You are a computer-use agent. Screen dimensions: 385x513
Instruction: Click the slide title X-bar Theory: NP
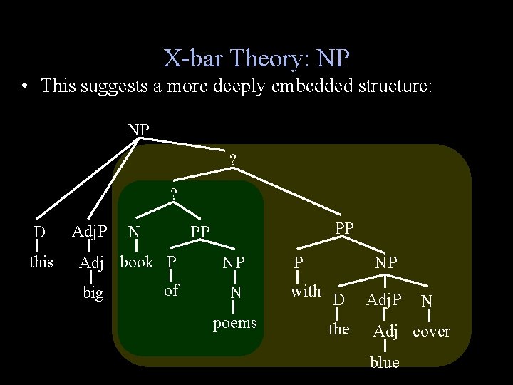pyautogui.click(x=256, y=57)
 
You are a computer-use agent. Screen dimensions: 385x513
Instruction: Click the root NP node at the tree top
pyautogui.click(x=138, y=130)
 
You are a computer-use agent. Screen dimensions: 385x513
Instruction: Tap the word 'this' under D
pyautogui.click(x=41, y=262)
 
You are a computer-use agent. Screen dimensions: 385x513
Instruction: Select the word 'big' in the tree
pyautogui.click(x=93, y=293)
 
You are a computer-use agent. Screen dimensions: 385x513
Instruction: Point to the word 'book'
pyautogui.click(x=137, y=262)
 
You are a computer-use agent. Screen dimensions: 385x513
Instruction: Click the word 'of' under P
pyautogui.click(x=171, y=290)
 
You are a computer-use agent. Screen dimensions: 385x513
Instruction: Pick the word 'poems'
pyautogui.click(x=235, y=323)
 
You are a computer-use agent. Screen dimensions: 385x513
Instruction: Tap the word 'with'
pyautogui.click(x=306, y=291)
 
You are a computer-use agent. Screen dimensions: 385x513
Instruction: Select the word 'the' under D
pyautogui.click(x=338, y=329)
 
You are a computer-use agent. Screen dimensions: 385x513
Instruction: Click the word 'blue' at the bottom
pyautogui.click(x=385, y=362)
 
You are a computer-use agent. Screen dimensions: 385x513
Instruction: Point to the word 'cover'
pyautogui.click(x=432, y=332)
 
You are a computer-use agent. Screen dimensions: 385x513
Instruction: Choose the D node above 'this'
pyautogui.click(x=40, y=232)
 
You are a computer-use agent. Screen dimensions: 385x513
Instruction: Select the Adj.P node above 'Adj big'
pyautogui.click(x=90, y=231)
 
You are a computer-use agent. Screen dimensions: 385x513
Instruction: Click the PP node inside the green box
pyautogui.click(x=200, y=232)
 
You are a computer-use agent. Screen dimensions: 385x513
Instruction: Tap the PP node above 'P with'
pyautogui.click(x=344, y=227)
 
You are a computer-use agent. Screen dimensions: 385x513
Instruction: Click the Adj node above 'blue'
pyautogui.click(x=385, y=331)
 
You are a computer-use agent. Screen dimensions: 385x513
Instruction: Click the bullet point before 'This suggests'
pyautogui.click(x=25, y=87)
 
